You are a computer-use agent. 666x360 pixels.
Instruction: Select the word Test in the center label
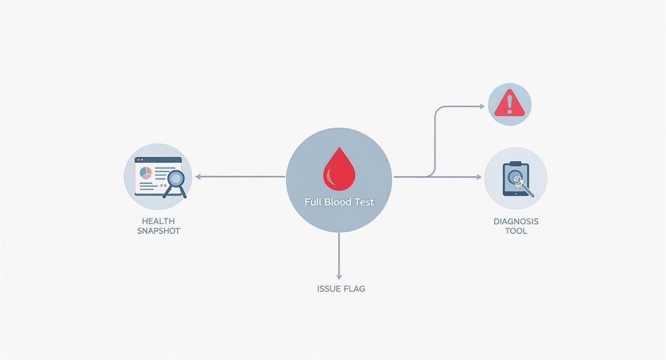[364, 202]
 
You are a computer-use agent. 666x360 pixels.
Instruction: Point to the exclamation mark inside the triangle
[510, 103]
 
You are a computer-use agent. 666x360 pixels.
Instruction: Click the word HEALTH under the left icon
[158, 221]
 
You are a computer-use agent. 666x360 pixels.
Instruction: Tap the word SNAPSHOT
[158, 231]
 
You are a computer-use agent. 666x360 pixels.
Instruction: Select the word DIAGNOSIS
[516, 222]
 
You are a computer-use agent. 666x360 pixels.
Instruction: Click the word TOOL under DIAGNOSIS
[516, 231]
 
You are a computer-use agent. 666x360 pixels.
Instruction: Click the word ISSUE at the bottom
[329, 289]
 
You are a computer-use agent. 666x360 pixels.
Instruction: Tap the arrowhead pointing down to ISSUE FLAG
[339, 276]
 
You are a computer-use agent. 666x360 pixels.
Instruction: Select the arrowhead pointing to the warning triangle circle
[481, 106]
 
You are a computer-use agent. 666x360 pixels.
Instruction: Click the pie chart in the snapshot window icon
[145, 172]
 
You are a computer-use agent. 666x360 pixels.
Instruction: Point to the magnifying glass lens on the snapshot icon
[176, 179]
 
